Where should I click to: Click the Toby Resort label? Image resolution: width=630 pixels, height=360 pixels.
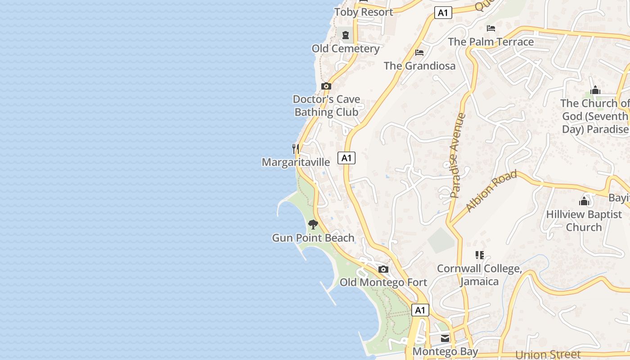coord(364,12)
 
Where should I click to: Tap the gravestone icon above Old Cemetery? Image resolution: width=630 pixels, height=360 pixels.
coord(346,35)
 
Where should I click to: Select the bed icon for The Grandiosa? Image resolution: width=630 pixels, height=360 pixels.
coord(419,53)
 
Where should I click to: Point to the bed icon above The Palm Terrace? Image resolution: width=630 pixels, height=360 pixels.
coord(491,28)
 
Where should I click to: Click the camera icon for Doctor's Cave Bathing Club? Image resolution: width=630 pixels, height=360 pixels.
coord(326,86)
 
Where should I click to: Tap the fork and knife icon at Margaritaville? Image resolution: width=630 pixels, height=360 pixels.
coord(296,148)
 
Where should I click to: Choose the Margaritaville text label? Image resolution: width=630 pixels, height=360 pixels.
coord(296,162)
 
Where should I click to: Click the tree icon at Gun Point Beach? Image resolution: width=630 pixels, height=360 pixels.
coord(313,224)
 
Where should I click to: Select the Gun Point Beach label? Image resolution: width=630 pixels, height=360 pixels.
coord(313,238)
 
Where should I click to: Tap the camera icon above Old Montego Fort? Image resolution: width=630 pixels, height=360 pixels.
coord(383,269)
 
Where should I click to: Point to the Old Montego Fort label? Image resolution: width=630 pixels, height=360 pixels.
coord(383,283)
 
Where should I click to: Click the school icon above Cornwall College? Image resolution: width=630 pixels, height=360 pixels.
coord(480,255)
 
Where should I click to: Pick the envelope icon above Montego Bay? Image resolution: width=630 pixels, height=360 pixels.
coord(445,338)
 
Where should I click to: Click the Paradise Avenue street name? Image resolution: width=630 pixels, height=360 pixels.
coord(458,156)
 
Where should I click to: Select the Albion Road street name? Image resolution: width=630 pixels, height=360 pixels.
coord(491,191)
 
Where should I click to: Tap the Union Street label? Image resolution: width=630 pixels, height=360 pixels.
coord(548,355)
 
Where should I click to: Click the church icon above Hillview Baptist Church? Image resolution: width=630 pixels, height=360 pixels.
coord(584,201)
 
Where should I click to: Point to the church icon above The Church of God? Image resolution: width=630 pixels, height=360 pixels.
coord(595,90)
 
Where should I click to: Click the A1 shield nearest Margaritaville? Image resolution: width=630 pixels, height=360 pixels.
coord(346,158)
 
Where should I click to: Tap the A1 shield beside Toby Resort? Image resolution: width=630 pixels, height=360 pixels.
coord(443,13)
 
